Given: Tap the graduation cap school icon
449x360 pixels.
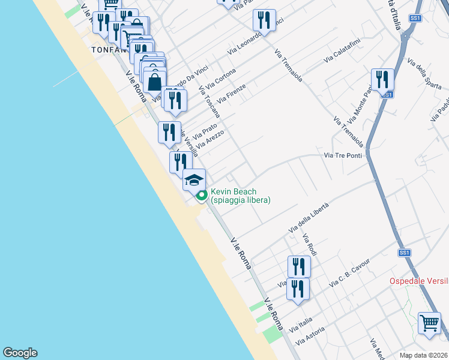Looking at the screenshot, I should coord(194,179).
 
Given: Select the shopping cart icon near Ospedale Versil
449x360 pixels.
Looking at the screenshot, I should coord(430,323).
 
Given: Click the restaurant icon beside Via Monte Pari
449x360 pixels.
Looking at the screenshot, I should coord(382,79).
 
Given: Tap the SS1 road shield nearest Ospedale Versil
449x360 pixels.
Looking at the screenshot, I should coord(404,253).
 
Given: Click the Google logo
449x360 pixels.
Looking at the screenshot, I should coord(20,353).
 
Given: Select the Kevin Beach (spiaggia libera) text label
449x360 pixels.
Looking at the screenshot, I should coord(241,196).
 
